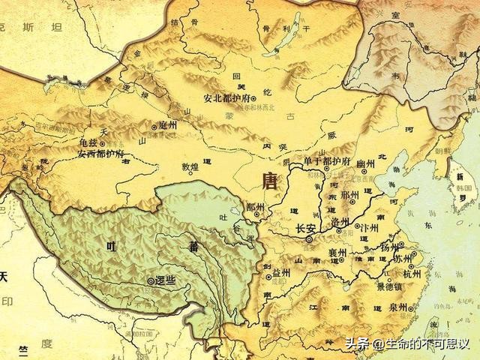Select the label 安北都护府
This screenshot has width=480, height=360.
tap(226, 98)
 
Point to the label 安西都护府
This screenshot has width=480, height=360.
tap(100, 154)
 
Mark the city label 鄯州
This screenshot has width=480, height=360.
tap(255, 207)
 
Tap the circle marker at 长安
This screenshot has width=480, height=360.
tap(309, 240)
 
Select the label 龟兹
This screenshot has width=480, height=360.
tap(90, 142)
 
